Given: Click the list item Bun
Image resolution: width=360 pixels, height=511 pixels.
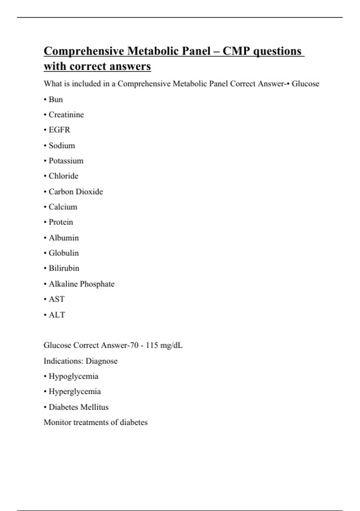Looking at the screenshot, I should coord(56,99).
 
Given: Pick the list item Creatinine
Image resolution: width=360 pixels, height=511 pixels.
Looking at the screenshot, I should coord(66,115).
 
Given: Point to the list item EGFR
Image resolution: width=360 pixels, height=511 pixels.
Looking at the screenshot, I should coord(59,130).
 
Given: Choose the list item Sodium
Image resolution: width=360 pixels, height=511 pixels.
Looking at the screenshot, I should coord(62,145).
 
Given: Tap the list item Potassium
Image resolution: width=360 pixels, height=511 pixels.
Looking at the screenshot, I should coord(66,161).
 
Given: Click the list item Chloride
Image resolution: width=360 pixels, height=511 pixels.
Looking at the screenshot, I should coord(64,176).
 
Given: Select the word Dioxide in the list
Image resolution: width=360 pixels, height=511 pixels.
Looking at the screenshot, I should coord(89,192).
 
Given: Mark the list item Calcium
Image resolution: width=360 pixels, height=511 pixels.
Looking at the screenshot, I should coord(63,207).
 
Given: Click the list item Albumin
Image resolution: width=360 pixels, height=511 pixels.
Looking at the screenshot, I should coord(64,238).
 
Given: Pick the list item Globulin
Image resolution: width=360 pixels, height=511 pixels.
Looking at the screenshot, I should coord(64,253).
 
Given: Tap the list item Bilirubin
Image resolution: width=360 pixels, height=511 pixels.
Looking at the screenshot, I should coord(64,268).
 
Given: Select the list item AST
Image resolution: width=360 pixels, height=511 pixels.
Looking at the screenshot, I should coord(57,299).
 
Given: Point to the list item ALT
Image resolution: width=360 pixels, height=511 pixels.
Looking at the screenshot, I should coord(57,315).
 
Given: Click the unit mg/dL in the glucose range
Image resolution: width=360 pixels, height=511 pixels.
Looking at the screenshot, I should coord(171,345).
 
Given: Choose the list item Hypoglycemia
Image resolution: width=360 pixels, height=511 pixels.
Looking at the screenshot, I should coord(73,376).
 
